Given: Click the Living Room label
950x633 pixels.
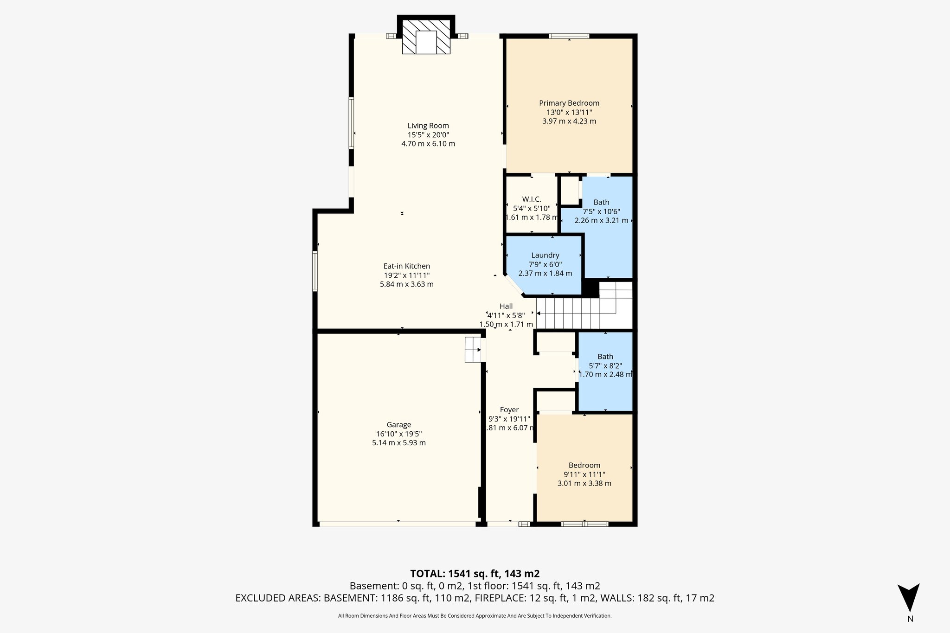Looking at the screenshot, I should tap(428, 126).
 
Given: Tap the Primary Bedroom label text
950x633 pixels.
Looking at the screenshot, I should tap(569, 103).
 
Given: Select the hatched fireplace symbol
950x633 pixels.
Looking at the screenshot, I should tap(426, 37).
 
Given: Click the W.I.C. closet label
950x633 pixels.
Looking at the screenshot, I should tap(531, 199).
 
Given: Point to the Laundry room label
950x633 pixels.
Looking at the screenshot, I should tap(545, 255).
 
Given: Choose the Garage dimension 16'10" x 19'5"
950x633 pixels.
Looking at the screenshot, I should tap(398, 434).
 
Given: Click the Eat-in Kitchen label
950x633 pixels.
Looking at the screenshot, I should tap(406, 266).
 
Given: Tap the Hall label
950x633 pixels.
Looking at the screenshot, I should tap(506, 306).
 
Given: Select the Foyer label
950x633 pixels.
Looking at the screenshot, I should tap(509, 410).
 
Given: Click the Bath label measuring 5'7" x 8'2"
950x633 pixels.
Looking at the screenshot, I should tap(605, 357).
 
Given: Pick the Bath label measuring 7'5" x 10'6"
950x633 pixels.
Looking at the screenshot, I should tap(601, 202).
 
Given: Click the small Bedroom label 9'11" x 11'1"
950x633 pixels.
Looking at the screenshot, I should tap(584, 465).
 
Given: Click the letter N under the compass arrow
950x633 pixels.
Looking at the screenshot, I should tap(910, 619).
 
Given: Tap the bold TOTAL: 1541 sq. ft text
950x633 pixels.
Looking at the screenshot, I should tap(475, 574).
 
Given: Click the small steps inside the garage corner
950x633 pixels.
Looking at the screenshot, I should tap(473, 350).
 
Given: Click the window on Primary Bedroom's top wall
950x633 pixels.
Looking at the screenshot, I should tap(569, 36).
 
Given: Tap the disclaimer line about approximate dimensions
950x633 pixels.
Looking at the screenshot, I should tap(475, 616).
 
